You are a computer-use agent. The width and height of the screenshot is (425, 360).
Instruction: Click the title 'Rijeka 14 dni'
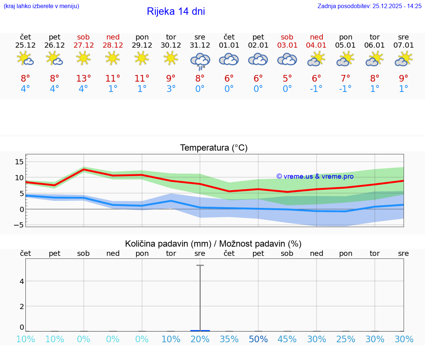(176, 11)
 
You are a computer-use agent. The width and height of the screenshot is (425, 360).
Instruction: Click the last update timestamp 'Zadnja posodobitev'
(369, 6)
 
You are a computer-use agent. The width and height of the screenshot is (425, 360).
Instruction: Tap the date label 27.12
(83, 45)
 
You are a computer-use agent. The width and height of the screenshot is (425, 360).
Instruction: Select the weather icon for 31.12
(200, 61)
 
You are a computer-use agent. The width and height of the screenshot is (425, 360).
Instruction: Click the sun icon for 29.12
(142, 58)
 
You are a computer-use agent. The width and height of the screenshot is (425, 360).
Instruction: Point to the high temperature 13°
(83, 79)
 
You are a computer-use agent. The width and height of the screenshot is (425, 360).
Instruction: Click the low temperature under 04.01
(316, 89)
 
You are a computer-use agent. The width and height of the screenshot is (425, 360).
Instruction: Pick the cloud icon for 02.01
(258, 59)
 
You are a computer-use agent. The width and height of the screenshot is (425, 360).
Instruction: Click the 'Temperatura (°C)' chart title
(214, 148)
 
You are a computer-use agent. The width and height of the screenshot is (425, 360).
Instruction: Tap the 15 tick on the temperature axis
(19, 162)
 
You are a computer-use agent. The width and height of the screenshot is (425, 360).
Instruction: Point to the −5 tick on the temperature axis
(18, 225)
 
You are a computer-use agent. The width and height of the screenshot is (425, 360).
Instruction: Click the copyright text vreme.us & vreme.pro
(315, 176)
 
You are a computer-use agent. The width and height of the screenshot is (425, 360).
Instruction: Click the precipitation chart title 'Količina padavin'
(213, 244)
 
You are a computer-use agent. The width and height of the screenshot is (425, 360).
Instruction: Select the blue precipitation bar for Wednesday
(200, 330)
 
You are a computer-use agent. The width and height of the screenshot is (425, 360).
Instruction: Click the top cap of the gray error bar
(200, 265)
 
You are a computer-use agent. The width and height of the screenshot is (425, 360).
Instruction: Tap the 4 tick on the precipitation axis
(22, 281)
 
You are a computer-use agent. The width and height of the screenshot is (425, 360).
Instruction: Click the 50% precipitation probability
(258, 339)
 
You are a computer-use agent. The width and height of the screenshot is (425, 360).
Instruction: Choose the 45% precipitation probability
(287, 339)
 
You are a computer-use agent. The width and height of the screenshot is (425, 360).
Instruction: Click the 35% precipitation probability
(229, 339)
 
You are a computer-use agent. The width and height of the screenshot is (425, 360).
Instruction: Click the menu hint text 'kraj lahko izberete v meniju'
(41, 6)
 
